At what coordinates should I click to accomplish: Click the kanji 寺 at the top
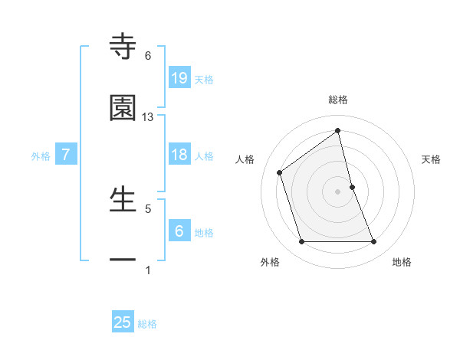123,47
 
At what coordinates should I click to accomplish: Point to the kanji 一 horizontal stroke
123,260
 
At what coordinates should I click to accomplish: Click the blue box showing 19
179,77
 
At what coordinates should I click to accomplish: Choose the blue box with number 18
179,155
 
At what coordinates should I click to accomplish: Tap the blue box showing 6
179,231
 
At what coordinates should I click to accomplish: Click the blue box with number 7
66,155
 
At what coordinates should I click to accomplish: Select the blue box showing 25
123,322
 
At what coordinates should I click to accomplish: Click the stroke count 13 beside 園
148,117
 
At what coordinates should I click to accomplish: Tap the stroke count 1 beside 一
148,270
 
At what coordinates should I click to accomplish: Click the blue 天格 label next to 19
204,79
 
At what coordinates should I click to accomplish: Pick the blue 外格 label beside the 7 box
41,156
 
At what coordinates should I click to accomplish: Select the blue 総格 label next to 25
147,324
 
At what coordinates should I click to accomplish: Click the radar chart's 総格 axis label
337,100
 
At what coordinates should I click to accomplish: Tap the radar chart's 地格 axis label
402,262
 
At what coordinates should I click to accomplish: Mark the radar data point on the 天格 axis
352,187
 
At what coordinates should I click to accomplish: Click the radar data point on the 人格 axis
280,172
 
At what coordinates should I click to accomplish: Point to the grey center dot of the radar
337,191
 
